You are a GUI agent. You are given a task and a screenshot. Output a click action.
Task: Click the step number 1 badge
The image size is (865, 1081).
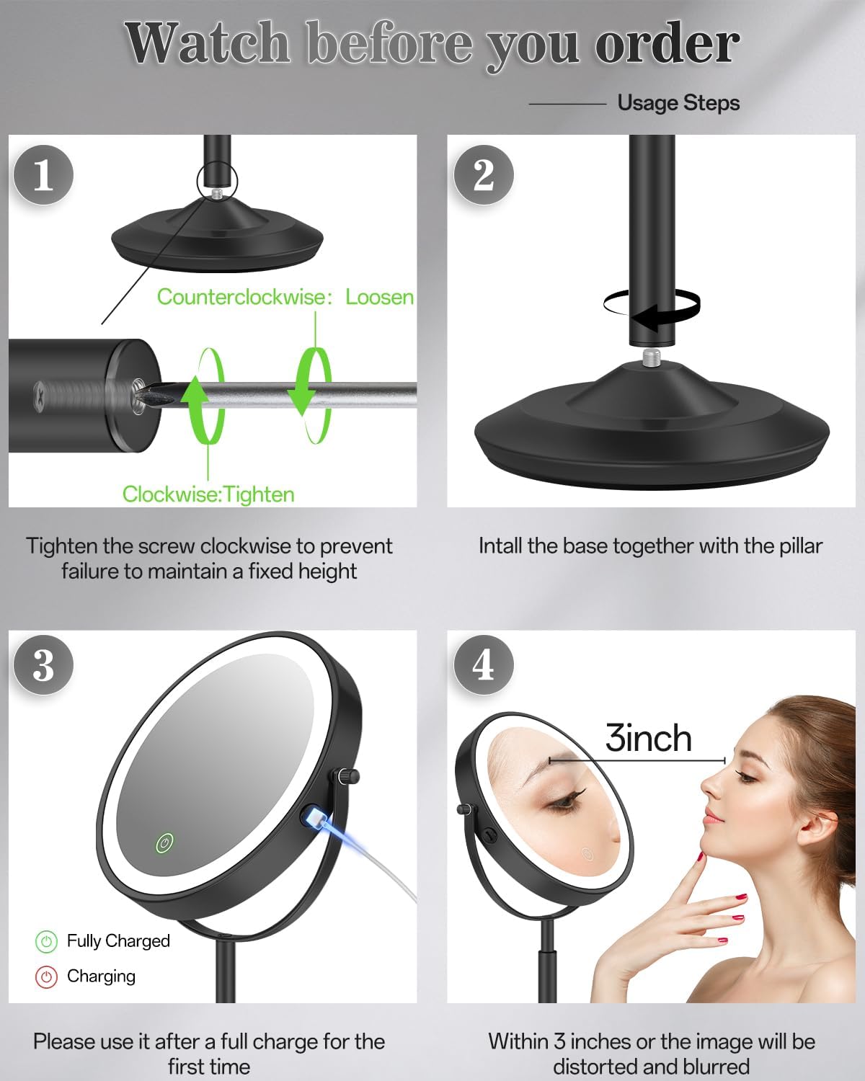pyautogui.click(x=43, y=174)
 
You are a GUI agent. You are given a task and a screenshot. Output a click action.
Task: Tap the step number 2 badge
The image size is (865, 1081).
pyautogui.click(x=483, y=174)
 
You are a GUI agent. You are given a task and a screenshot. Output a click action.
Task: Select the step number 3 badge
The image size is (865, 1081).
pyautogui.click(x=43, y=664)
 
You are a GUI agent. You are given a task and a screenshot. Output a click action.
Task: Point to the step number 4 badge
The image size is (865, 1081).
pyautogui.click(x=483, y=664)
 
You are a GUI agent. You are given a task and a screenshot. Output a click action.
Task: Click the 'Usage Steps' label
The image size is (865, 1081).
pyautogui.click(x=678, y=103)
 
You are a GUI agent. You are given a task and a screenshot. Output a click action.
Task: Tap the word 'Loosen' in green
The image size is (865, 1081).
pyautogui.click(x=379, y=297)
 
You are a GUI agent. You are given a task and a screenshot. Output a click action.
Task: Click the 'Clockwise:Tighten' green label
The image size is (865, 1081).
pyautogui.click(x=208, y=494)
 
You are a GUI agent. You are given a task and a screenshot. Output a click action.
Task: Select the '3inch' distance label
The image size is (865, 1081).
pyautogui.click(x=648, y=739)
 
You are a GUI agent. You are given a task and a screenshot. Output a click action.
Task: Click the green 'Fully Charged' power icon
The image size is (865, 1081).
pyautogui.click(x=46, y=941)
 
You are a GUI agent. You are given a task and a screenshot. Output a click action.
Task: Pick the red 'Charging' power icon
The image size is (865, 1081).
pyautogui.click(x=46, y=977)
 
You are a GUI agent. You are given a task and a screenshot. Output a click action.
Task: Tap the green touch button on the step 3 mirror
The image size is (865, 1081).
pyautogui.click(x=165, y=842)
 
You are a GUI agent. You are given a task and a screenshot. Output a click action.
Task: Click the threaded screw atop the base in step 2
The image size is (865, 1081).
pyautogui.click(x=652, y=356)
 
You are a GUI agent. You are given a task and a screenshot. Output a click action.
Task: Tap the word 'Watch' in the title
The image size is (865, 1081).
pyautogui.click(x=208, y=43)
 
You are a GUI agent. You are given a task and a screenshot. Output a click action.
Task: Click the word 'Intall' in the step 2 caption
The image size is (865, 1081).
pyautogui.click(x=500, y=546)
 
